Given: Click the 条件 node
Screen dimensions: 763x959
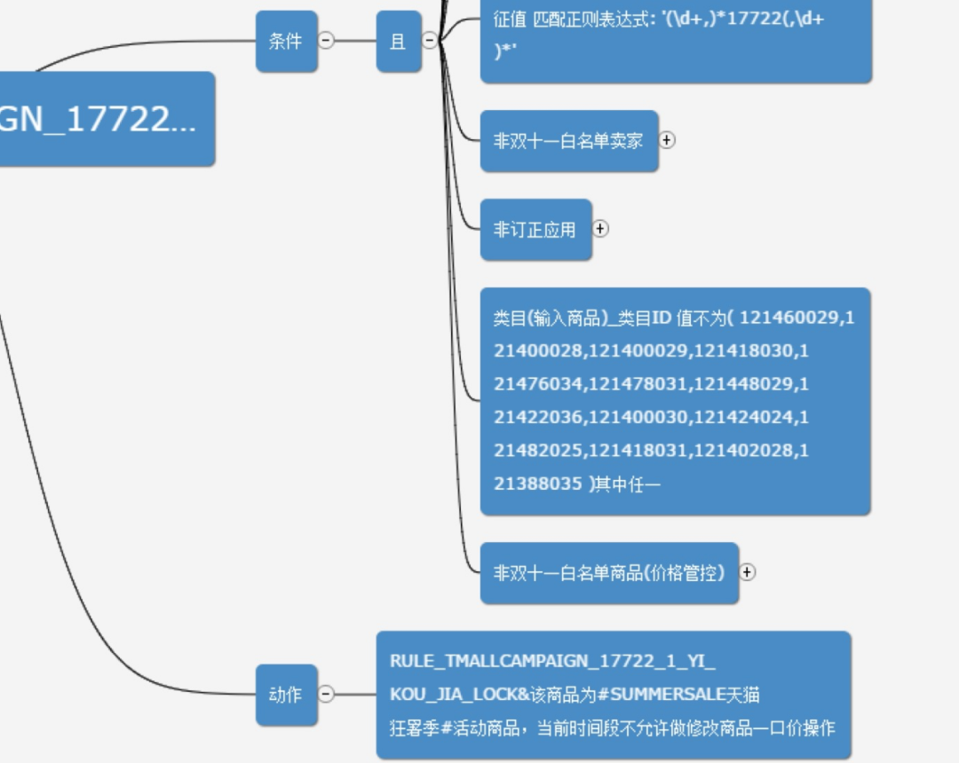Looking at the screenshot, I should point(286,42).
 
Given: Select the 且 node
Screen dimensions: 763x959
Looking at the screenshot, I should point(398,42).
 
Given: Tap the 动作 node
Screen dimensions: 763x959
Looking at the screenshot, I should point(286,695).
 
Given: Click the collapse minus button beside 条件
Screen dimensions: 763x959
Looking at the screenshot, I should point(327,41).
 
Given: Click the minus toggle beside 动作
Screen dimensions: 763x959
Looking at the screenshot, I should point(327,694).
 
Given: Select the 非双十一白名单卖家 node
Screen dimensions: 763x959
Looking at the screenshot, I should point(568,141).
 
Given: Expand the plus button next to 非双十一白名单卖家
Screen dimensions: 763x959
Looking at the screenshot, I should point(667,140).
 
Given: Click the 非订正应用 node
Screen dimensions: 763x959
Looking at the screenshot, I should point(535,230).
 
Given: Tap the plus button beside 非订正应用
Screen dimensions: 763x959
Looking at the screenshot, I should point(600,229).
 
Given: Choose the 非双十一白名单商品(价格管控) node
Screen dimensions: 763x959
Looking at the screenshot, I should point(609,573).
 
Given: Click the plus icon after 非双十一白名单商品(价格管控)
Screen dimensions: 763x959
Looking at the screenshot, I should point(748,572).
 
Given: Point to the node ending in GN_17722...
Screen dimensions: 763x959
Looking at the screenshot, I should point(98,119).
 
